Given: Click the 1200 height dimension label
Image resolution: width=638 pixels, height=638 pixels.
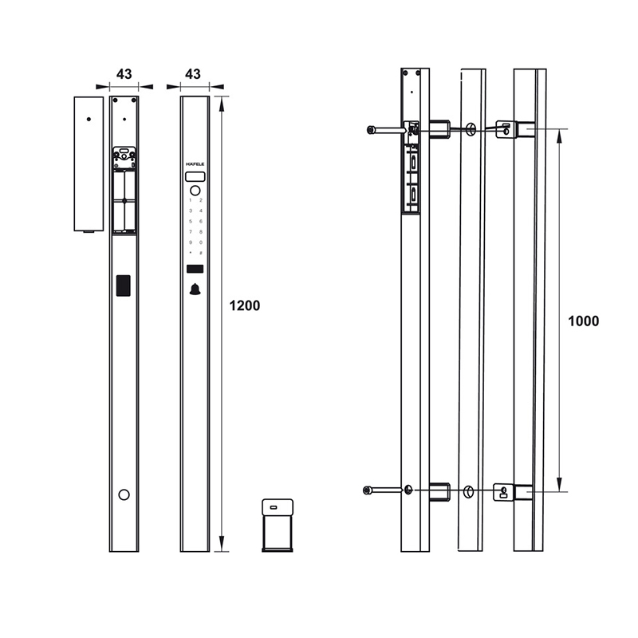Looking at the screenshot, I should pos(244,305).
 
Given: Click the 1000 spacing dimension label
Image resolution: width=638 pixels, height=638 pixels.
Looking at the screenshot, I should pos(583,321).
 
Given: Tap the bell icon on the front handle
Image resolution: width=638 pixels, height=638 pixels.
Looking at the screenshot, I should pos(195,289).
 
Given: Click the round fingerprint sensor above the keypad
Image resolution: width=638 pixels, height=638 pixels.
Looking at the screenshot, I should pos(195,190).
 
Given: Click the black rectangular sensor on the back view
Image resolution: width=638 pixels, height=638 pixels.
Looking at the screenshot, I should pos(124,286).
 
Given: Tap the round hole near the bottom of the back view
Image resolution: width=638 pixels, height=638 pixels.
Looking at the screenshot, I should pos(124,494).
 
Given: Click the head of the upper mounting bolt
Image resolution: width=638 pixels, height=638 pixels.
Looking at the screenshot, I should pos(371,129).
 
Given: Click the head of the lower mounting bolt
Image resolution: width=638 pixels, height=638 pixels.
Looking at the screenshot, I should pos(368,490).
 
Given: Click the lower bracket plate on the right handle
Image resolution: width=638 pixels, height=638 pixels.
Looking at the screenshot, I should pos(503,492).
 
